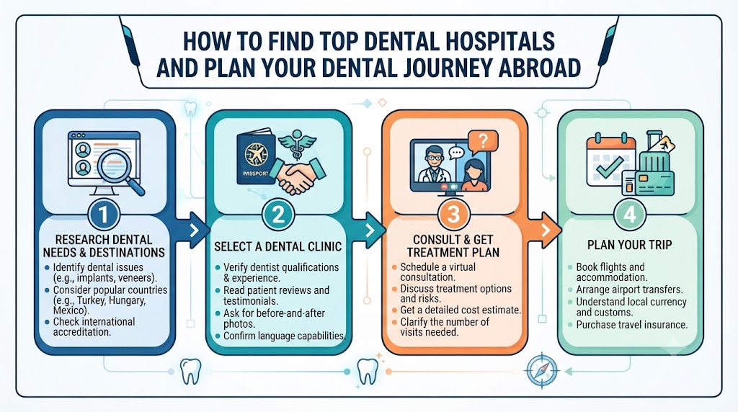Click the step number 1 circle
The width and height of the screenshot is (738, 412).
pos(104,215)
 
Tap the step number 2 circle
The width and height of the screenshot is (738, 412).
pos(278,215)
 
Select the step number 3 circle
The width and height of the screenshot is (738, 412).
pos(453,215)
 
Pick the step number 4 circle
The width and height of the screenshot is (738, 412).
pos(630,215)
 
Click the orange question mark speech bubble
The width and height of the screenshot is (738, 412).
pos(482,142)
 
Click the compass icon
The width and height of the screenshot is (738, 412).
pos(542,370)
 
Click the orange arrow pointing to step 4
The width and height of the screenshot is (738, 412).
pos(545,230)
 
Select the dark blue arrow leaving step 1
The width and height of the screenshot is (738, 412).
pos(193,230)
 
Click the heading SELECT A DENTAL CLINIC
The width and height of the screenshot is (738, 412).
pos(277,246)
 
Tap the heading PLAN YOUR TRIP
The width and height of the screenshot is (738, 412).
pos(629,245)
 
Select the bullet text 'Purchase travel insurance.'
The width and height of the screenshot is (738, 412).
pos(631,325)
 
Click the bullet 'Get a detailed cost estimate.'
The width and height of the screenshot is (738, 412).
pos(461,310)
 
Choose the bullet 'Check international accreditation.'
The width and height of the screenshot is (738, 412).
pos(94,327)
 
